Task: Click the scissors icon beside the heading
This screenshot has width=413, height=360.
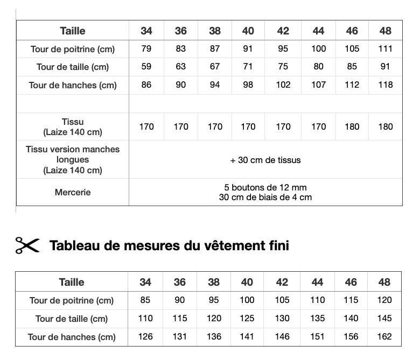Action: (27, 245)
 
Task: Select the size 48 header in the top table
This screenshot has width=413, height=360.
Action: (385, 31)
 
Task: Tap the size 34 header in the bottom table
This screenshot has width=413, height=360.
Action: (145, 282)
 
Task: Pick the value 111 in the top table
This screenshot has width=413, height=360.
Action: (385, 49)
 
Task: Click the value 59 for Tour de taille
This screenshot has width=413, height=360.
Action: (146, 67)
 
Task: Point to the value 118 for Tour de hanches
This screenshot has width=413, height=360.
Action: (385, 84)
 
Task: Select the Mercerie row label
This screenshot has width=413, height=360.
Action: (73, 192)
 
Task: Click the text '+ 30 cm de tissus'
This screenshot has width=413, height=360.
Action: (265, 160)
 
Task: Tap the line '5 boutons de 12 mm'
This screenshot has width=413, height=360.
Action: (265, 187)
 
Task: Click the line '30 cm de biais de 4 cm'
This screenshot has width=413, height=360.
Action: (265, 197)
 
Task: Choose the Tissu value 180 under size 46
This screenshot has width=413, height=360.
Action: (352, 126)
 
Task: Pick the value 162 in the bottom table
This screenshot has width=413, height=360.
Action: (384, 337)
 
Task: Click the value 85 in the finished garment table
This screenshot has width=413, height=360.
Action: (145, 300)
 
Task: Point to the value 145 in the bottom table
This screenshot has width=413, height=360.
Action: (384, 319)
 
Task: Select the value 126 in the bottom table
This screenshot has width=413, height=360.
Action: (145, 337)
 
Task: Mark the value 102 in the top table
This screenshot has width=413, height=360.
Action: (283, 84)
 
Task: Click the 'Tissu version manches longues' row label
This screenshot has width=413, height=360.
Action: (73, 160)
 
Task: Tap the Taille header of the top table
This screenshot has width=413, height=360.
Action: (73, 31)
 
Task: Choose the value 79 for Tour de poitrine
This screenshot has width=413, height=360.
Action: (146, 49)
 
